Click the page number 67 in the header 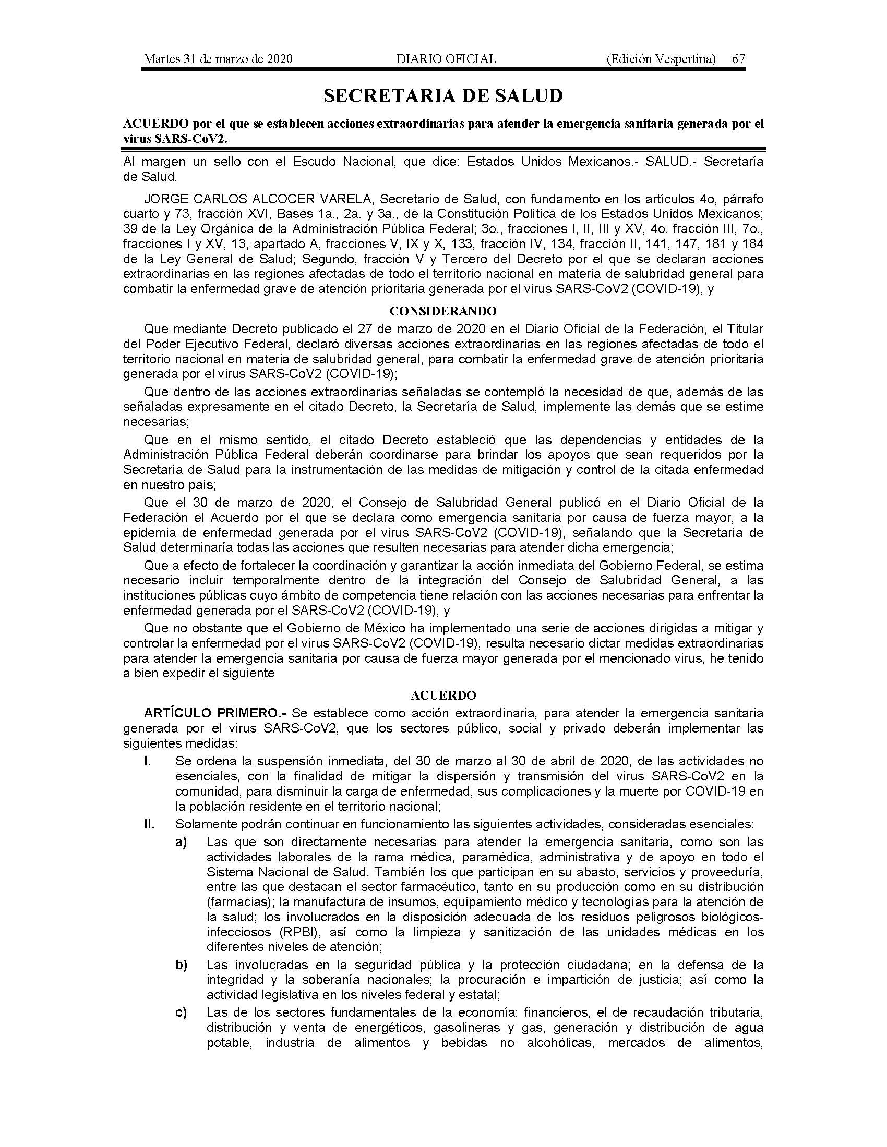click(x=738, y=59)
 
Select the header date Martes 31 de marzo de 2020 click(x=218, y=59)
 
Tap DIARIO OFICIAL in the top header click(x=446, y=59)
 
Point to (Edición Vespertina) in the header click(x=661, y=59)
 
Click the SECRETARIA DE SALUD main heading click(x=443, y=95)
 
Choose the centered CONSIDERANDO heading click(x=443, y=311)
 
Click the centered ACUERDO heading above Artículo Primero click(x=443, y=695)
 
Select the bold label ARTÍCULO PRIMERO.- click(x=215, y=713)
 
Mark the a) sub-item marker click(x=181, y=842)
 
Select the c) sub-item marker click(x=181, y=1012)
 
